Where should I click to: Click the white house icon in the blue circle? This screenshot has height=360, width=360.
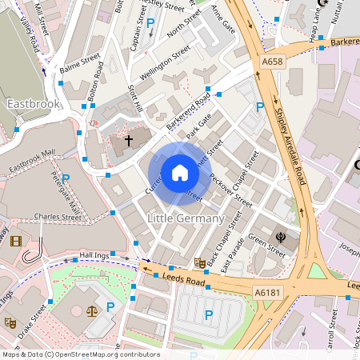179,173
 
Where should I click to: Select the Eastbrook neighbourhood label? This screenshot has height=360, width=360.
33,104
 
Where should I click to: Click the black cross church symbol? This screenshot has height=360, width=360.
129,141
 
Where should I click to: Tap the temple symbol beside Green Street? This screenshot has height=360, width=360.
281,237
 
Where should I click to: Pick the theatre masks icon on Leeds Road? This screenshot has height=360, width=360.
199,262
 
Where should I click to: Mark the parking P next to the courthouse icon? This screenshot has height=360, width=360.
111,306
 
